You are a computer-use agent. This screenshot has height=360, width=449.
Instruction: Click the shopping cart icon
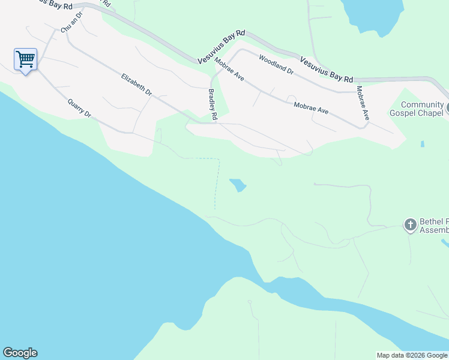pyautogui.click(x=25, y=59)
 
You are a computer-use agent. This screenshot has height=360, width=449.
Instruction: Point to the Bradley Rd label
pyautogui.click(x=212, y=105)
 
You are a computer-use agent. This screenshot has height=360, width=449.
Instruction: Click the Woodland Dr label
pyautogui.click(x=276, y=64)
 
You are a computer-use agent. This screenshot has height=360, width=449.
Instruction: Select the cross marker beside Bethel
pyautogui.click(x=411, y=225)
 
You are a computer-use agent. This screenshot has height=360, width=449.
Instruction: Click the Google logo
pyautogui.click(x=20, y=353)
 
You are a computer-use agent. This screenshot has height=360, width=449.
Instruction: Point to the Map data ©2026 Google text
pyautogui.click(x=412, y=355)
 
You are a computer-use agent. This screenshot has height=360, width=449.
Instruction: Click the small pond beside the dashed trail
pyautogui.click(x=238, y=185)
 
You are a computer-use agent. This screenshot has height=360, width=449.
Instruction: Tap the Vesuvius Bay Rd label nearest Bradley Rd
pyautogui.click(x=222, y=47)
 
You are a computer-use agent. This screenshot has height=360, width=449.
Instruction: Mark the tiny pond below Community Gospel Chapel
pyautogui.click(x=423, y=144)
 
